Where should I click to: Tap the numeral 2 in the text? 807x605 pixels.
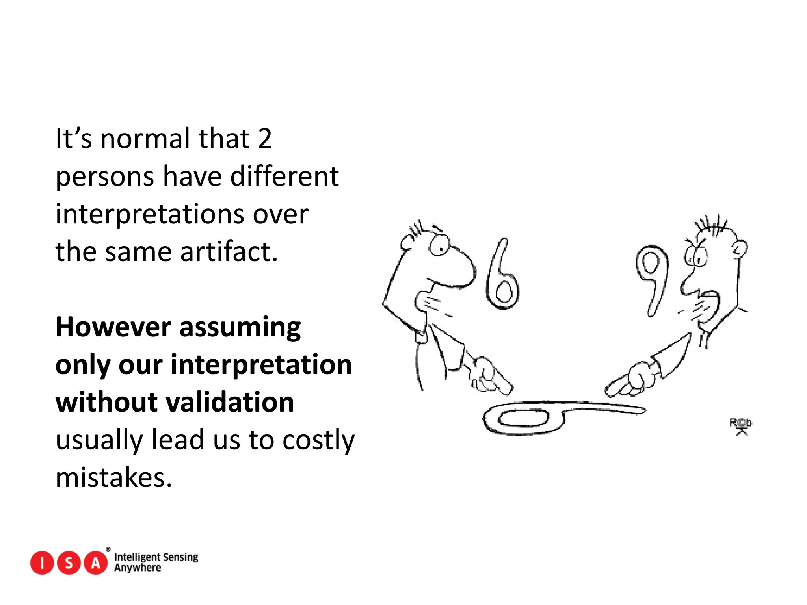265,139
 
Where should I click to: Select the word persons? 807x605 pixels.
104,177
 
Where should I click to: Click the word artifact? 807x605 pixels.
229,252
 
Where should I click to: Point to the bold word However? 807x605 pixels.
113,327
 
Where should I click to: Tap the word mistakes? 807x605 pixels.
113,478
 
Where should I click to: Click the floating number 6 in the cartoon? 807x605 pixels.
502,276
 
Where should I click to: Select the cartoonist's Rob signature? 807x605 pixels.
740,425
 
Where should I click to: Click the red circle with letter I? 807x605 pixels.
42,563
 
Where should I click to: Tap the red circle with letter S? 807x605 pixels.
69,563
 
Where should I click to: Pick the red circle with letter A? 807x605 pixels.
96,563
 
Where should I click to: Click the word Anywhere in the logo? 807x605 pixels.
138,568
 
